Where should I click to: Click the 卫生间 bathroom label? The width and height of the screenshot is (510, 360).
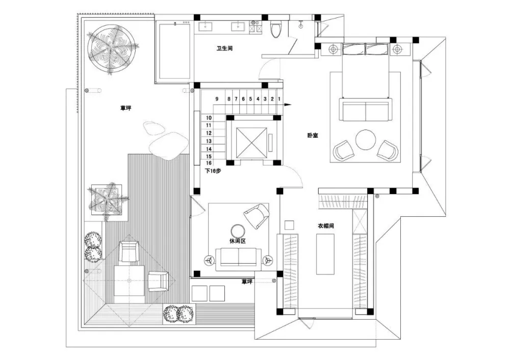225,49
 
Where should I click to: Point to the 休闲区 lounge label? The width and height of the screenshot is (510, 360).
238,241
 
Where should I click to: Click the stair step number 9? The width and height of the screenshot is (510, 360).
217,98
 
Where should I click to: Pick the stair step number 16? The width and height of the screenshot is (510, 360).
209,164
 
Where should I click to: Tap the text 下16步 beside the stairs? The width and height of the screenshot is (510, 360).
213,171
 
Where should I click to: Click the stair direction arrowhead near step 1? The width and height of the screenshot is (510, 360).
288,104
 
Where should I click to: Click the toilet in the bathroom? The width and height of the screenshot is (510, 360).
276,30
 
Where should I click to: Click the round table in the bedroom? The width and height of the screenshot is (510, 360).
366,140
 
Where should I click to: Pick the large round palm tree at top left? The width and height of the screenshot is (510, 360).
112,49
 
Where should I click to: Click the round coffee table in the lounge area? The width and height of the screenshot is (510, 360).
238,229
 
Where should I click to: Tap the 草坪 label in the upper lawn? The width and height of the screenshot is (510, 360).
125,108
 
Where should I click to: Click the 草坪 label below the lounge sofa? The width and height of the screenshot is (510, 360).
247,281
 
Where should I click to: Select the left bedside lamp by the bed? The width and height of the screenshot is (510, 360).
333,49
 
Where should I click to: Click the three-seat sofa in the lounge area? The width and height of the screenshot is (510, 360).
238,258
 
